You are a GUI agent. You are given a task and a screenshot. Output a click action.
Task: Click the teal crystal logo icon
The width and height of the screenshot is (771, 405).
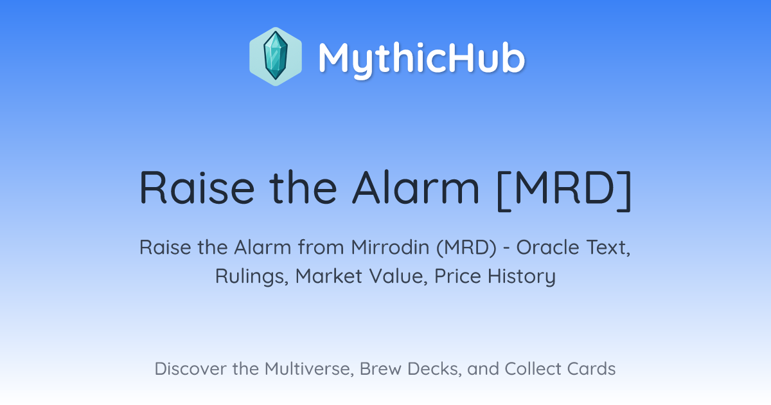(x=276, y=56)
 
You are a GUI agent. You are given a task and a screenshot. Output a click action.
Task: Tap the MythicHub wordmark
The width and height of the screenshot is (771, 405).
(x=421, y=59)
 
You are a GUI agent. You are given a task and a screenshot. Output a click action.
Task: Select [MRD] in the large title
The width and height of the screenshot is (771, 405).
(x=565, y=190)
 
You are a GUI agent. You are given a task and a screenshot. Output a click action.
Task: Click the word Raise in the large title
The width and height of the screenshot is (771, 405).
(x=197, y=188)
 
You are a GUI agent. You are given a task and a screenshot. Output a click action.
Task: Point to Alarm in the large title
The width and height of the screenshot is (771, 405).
(x=416, y=188)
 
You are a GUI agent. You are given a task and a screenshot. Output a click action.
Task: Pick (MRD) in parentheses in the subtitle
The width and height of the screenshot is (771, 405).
(x=466, y=248)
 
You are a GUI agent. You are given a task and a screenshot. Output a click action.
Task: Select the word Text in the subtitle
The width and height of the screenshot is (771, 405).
(x=608, y=248)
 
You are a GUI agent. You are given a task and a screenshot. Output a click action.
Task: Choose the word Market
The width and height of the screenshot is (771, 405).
(x=329, y=276)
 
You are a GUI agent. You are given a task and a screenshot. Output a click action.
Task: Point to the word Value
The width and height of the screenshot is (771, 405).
(x=398, y=276)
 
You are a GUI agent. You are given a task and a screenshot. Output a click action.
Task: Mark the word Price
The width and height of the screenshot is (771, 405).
(x=457, y=276)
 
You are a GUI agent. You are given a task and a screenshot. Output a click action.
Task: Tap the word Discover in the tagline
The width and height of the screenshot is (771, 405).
(x=190, y=368)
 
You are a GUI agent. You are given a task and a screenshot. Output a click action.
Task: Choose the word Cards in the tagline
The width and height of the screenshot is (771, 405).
(x=591, y=368)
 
